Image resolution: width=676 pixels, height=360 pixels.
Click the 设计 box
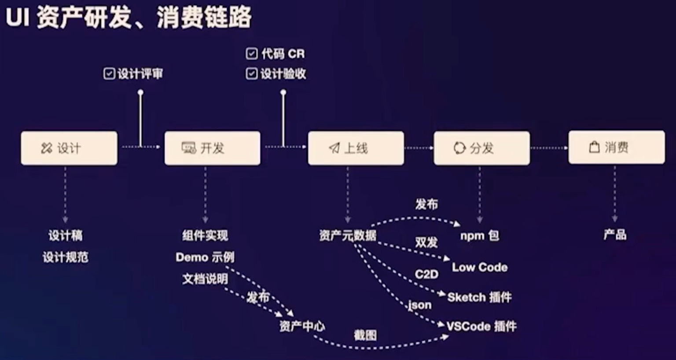69,148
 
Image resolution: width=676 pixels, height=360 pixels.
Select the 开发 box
212,148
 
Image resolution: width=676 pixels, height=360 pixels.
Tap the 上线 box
356,148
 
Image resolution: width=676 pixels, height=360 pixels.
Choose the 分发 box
481,148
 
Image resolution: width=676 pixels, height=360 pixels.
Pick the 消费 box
616,147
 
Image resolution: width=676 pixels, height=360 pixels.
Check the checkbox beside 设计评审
109,73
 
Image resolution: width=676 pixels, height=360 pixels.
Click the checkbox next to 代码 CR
252,54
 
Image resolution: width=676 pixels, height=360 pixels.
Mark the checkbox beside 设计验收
252,73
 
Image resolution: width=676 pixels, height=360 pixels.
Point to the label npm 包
480,235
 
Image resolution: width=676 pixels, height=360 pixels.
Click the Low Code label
480,267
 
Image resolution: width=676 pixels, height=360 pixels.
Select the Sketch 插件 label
479,298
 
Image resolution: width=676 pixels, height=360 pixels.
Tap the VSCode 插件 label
481,326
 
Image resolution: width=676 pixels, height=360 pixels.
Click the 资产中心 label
302,326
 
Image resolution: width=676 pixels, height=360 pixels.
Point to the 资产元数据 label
348,235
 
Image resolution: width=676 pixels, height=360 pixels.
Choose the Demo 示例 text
205,257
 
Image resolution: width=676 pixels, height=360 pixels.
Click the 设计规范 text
66,257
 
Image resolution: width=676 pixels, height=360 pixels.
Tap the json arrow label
420,305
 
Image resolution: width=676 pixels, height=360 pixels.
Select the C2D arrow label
426,274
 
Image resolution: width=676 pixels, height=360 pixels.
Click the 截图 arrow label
365,335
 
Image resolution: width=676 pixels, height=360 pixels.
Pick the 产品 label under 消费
615,235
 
